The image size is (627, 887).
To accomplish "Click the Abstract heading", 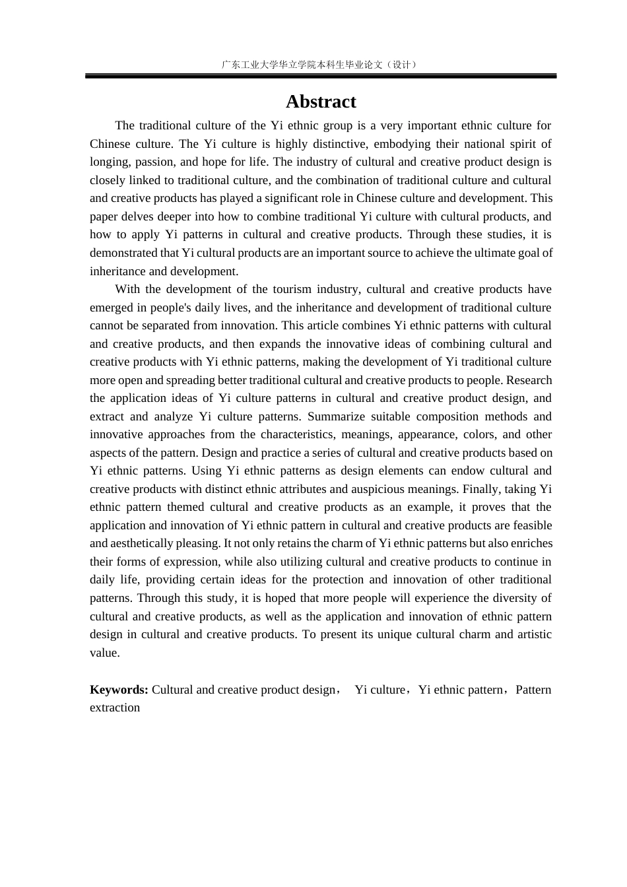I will point(321,102).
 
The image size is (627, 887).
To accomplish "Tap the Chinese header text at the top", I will point(320,65).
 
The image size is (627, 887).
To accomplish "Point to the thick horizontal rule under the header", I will point(321,77).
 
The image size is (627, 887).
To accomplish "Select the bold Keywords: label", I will point(119,690).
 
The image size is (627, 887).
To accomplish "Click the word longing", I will point(110,162).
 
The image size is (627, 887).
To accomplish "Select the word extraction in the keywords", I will point(115,707).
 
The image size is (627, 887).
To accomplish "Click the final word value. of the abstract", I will point(105,653).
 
